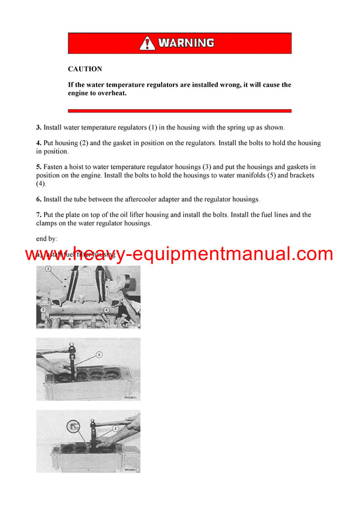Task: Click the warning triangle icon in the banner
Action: click(x=147, y=43)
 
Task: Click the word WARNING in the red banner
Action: click(x=185, y=43)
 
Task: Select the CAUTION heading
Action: click(x=85, y=69)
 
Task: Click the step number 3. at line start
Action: click(x=38, y=127)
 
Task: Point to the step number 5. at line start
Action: click(x=38, y=167)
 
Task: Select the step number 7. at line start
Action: click(x=38, y=215)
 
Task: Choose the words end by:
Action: click(x=47, y=239)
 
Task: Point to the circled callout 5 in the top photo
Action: click(x=43, y=310)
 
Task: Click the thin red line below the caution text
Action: click(x=179, y=111)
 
